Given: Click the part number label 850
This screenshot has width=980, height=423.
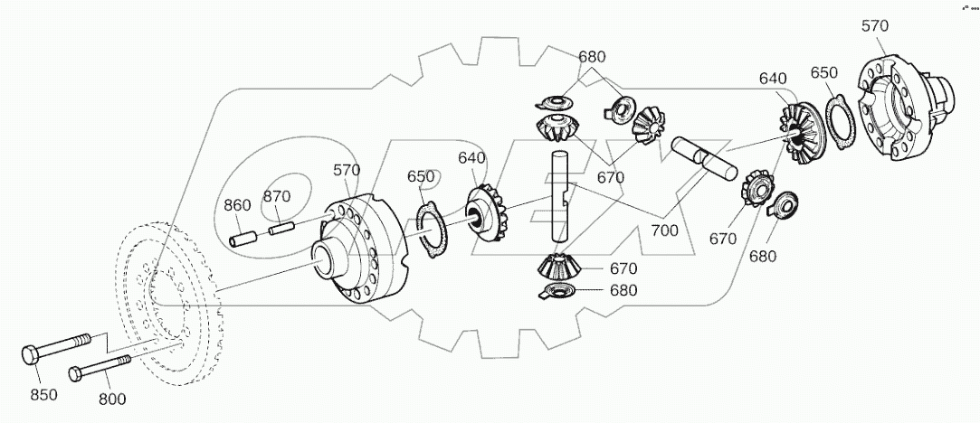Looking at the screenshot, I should [43, 394].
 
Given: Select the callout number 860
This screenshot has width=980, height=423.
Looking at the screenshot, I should [237, 205].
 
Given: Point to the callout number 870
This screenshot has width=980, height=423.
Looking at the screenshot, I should [276, 196].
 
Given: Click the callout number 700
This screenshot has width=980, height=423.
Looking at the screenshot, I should [663, 231].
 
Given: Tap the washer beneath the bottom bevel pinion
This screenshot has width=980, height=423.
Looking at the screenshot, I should [554, 291].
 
